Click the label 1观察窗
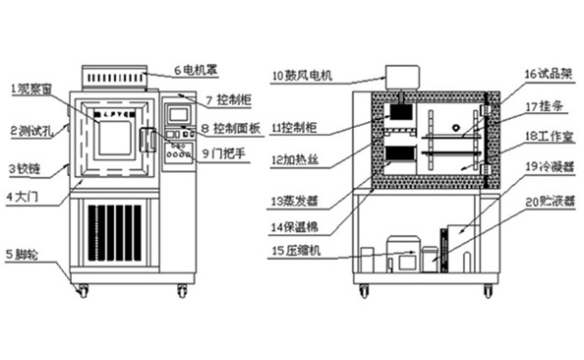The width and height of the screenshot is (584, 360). point(32,89)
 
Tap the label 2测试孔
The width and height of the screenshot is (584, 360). point(30,129)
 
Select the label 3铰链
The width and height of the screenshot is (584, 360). point(27,168)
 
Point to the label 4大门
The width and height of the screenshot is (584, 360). point(24,197)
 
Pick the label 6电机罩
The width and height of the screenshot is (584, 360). point(195,71)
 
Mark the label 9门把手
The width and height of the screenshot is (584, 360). point(225,153)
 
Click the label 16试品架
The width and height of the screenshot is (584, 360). point(542,74)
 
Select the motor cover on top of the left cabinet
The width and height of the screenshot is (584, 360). point(115,76)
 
